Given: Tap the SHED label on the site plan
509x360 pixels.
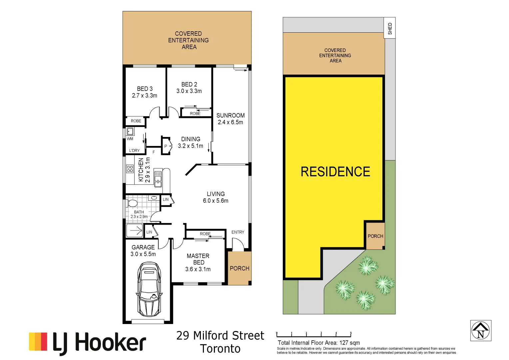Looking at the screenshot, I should pyautogui.click(x=390, y=29).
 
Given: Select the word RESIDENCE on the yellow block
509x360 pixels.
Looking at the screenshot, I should pyautogui.click(x=335, y=172).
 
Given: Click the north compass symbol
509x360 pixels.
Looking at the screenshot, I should pyautogui.click(x=480, y=331).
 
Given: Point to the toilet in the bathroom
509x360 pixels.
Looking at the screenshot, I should pyautogui.click(x=133, y=203).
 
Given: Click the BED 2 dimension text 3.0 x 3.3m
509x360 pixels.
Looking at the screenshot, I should pyautogui.click(x=189, y=91).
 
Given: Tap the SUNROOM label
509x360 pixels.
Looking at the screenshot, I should pyautogui.click(x=231, y=115).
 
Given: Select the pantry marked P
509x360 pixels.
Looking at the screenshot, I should pyautogui.click(x=166, y=146).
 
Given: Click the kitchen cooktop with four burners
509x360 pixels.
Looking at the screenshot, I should pyautogui.click(x=130, y=169).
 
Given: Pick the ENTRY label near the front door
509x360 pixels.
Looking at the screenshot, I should pyautogui.click(x=238, y=232).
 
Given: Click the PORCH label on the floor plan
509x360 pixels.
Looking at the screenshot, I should pyautogui.click(x=240, y=268).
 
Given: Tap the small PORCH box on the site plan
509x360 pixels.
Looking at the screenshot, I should pyautogui.click(x=375, y=236).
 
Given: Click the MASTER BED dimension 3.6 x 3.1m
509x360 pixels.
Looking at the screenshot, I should pyautogui.click(x=198, y=269).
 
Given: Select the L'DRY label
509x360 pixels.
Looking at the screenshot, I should pyautogui.click(x=135, y=151).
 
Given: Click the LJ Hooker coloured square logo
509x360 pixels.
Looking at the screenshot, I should pyautogui.click(x=38, y=341).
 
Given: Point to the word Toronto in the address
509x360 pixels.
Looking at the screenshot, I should pyautogui.click(x=220, y=349).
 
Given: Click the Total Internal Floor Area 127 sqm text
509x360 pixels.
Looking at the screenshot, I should pyautogui.click(x=319, y=343).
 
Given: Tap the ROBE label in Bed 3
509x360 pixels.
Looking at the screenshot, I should pyautogui.click(x=136, y=121).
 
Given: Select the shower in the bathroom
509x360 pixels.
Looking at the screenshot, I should pyautogui.click(x=135, y=230).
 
